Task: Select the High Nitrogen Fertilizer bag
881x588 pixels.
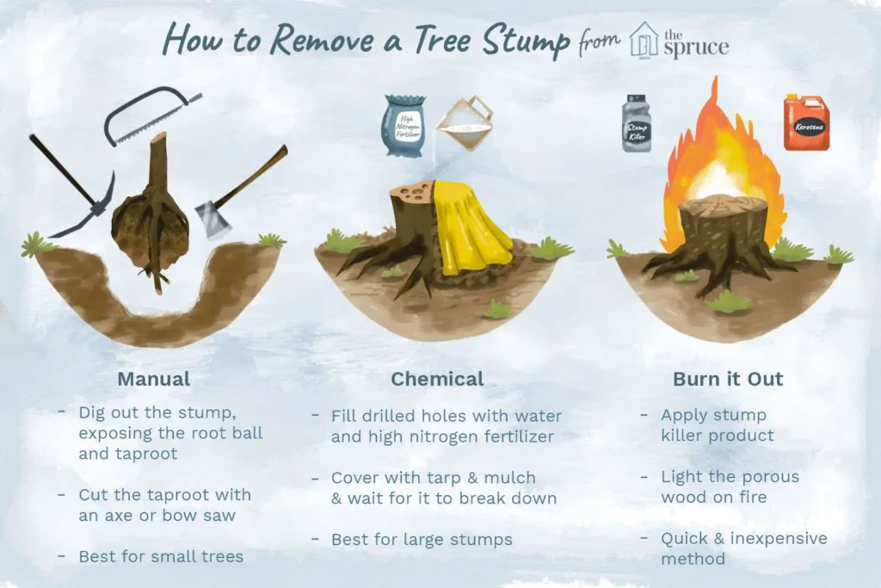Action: (404, 125)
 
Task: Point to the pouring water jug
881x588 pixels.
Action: (465, 122)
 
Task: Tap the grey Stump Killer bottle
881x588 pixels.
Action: (637, 123)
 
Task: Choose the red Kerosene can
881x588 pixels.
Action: (807, 124)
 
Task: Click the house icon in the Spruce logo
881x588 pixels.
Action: (644, 40)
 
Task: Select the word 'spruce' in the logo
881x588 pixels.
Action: (696, 48)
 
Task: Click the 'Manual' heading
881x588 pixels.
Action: (154, 379)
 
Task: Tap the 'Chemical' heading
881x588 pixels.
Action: (437, 379)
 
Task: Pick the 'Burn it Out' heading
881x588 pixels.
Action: (728, 379)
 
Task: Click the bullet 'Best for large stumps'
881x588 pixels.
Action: (422, 540)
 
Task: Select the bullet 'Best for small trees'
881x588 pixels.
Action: (161, 556)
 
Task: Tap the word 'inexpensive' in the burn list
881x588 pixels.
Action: (778, 539)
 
